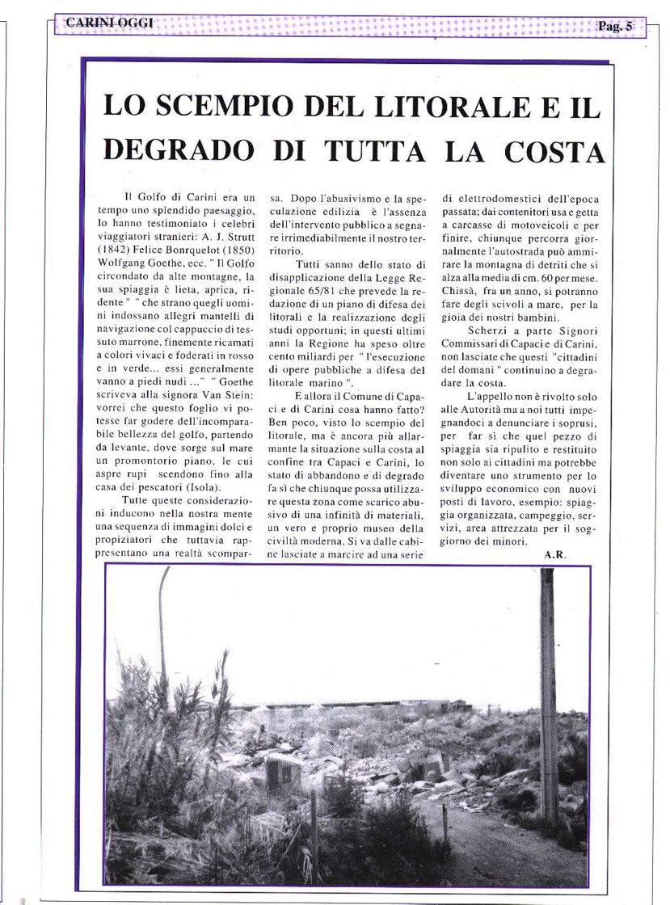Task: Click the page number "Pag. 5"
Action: pos(616,27)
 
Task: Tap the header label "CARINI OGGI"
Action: pos(103,24)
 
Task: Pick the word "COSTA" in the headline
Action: pos(557,150)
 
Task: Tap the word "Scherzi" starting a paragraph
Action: pos(487,331)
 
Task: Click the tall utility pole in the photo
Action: pos(549,695)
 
